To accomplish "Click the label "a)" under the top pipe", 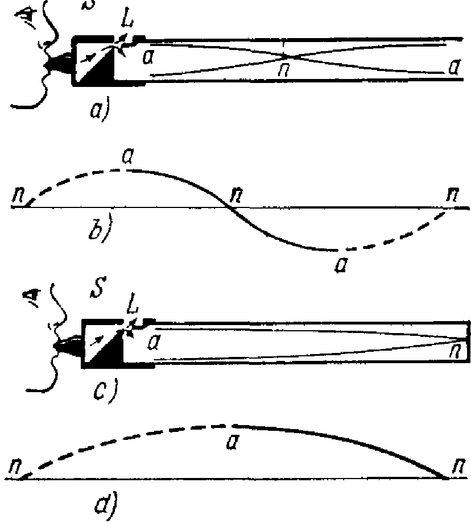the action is coord(97,107).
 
